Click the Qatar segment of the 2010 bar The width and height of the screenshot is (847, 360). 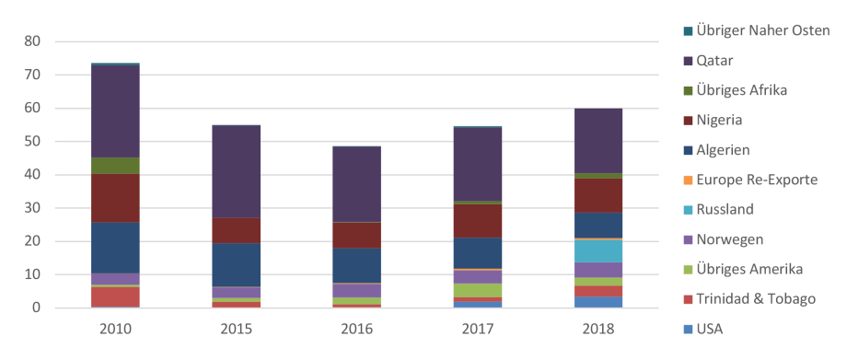click(x=115, y=110)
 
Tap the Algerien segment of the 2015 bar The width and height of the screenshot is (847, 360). click(x=237, y=264)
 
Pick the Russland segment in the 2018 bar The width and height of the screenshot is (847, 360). click(x=598, y=251)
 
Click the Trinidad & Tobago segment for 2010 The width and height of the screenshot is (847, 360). click(x=115, y=296)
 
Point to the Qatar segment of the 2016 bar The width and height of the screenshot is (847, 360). click(x=357, y=184)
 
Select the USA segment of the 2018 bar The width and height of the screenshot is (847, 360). click(x=598, y=302)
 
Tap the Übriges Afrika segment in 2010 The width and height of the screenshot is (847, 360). click(x=115, y=166)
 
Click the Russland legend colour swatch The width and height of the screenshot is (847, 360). click(x=688, y=210)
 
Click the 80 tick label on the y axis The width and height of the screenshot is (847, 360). click(x=31, y=41)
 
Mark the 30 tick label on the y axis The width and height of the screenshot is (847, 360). click(x=31, y=208)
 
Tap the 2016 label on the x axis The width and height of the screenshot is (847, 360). click(x=357, y=329)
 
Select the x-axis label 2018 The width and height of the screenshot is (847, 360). click(x=598, y=329)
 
